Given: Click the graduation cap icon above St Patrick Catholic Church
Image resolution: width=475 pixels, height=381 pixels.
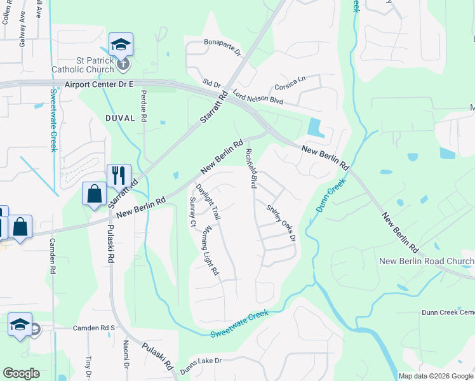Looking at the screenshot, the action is pos(120,44).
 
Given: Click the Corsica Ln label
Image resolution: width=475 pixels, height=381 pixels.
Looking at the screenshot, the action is pos(290,83).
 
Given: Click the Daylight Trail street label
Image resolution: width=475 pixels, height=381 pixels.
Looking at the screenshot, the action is pos(208,202).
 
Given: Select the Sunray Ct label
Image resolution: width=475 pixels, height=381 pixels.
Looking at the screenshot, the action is pos(192,211).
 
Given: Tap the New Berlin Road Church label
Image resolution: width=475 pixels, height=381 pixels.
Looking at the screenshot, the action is pos(426,262).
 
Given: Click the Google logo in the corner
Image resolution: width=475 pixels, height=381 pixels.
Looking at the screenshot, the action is pos(22,373).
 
